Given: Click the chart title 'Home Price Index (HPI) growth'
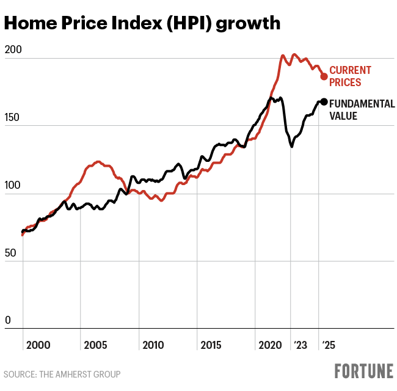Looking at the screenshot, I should [x=142, y=23].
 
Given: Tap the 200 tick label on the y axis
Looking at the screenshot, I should [x=12, y=50].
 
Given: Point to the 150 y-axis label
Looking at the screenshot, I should [x=12, y=117].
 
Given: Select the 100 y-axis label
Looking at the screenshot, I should [x=12, y=185].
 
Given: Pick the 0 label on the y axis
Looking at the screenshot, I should [x=7, y=320].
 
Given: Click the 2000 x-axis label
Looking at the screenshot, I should [x=38, y=345].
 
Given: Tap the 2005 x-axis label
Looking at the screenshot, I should [x=96, y=345].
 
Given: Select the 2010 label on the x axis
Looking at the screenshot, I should [x=153, y=345].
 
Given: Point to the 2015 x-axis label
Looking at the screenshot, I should [x=211, y=345].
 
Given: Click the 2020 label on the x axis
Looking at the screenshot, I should [x=270, y=345].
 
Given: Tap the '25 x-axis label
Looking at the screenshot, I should [x=329, y=345].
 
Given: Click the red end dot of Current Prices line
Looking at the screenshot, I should [x=324, y=76].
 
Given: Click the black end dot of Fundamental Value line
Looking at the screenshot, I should [x=324, y=102].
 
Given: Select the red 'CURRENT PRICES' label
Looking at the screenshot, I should [x=350, y=76].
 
